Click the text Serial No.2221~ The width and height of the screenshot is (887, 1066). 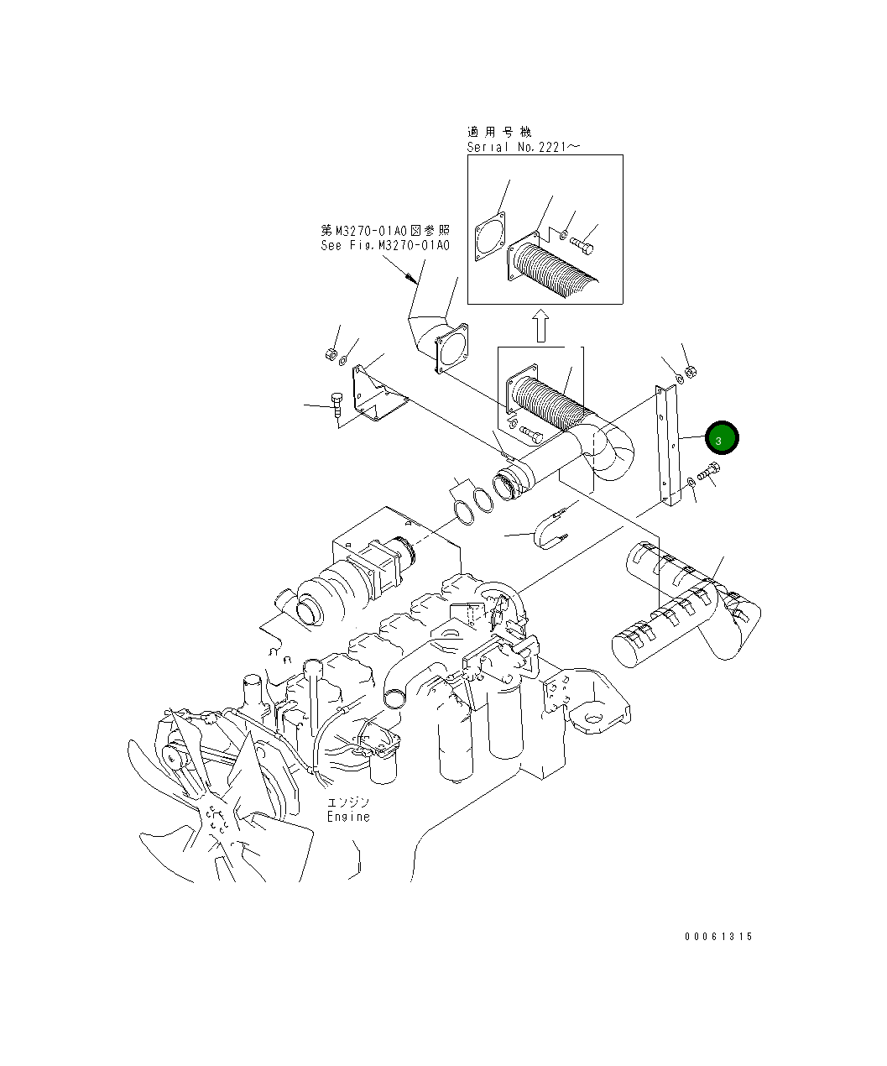(x=523, y=147)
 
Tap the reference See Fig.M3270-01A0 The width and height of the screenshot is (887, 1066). (x=385, y=246)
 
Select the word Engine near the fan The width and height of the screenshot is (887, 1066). (x=348, y=817)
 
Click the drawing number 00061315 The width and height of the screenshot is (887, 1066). (x=717, y=937)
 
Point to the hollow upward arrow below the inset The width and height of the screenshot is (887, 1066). (x=541, y=325)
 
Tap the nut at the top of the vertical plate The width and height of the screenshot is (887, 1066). (x=691, y=372)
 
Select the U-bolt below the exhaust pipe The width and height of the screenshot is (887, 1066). (x=550, y=530)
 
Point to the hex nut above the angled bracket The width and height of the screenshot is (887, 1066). (x=331, y=355)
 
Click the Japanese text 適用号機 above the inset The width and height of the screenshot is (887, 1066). (x=499, y=132)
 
